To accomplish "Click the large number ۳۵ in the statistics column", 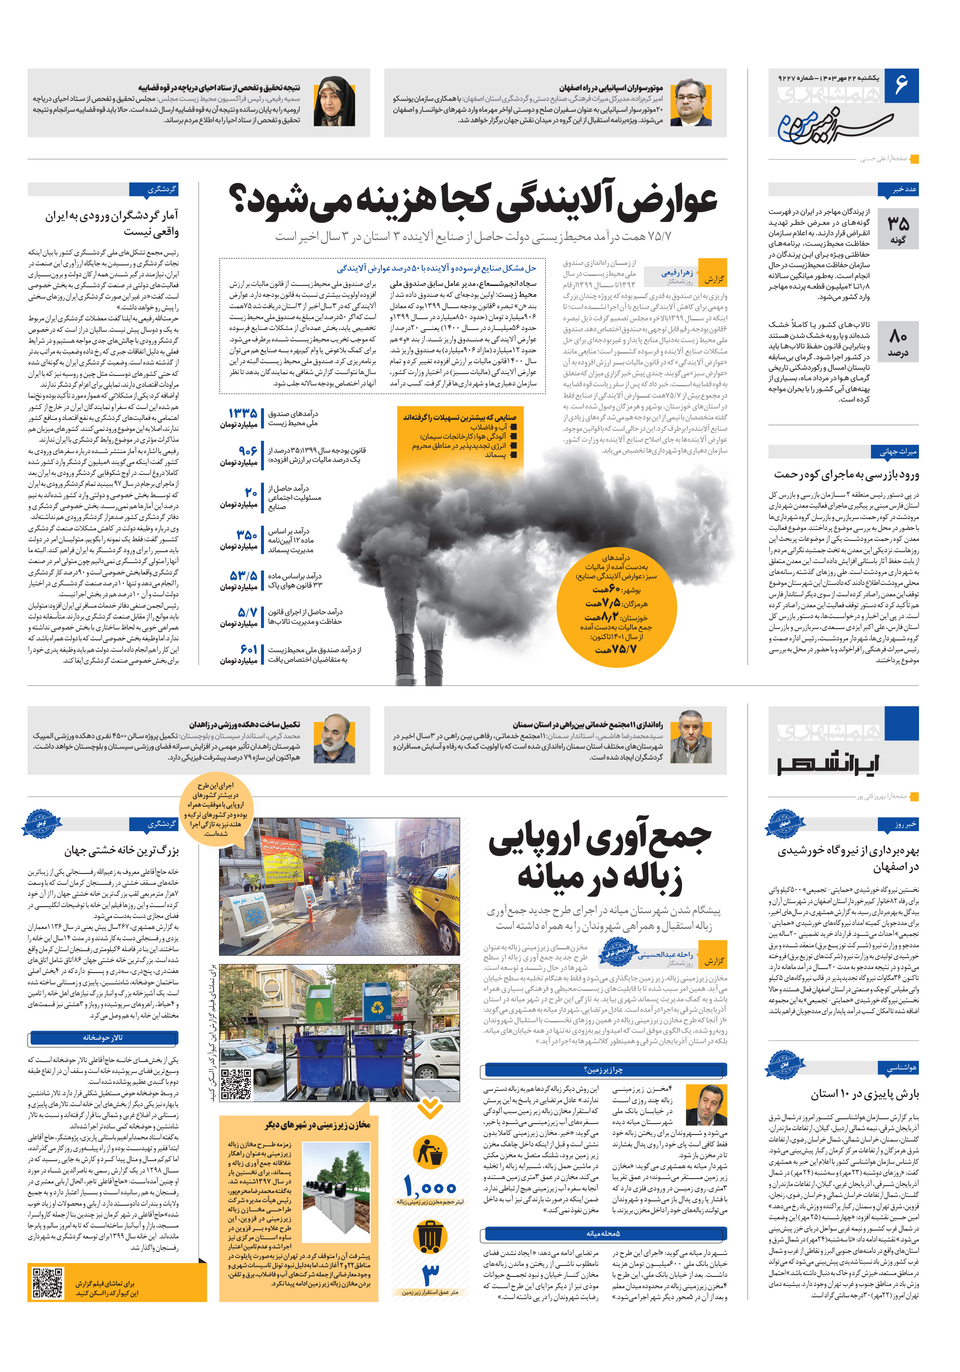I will [898, 224].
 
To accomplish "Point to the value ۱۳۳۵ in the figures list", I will [243, 413].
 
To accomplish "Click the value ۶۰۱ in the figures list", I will [249, 649].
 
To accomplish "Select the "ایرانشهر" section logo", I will [827, 764].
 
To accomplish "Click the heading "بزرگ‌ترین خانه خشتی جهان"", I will [121, 850].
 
